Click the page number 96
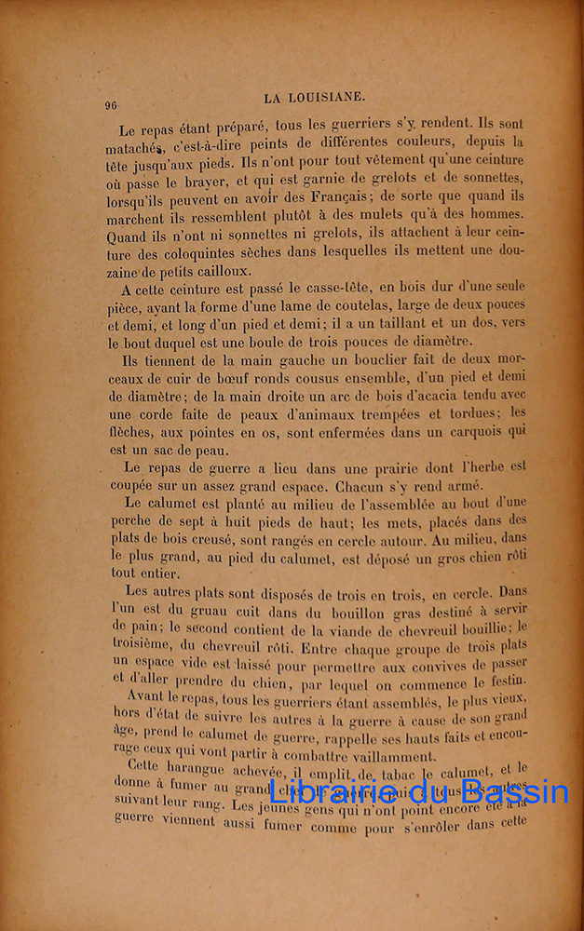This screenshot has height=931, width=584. [x=112, y=105]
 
